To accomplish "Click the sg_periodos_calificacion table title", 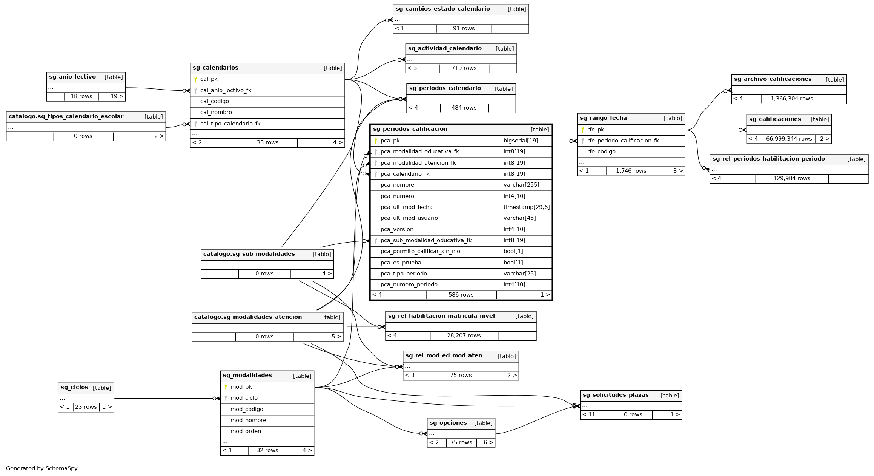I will click(410, 129).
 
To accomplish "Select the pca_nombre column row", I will click(397, 185).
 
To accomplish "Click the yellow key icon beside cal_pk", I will click(195, 79).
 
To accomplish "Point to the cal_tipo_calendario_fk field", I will click(230, 124).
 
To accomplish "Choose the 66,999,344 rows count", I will click(789, 139).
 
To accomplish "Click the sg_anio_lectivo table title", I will click(72, 77).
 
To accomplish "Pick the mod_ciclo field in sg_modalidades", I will click(244, 398).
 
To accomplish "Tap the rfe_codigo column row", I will click(601, 152).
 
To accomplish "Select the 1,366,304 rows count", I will click(792, 99).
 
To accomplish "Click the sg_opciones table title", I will click(448, 423).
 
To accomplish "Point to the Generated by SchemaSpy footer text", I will click(42, 468).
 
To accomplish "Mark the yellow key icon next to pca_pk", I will click(376, 141).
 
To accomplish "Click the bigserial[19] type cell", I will click(521, 141).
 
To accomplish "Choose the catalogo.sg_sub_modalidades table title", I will click(249, 254).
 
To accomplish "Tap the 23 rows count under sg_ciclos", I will click(86, 407).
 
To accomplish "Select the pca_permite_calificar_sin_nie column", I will click(420, 252).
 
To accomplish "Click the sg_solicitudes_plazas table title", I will click(616, 395).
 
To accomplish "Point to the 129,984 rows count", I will click(792, 179).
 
